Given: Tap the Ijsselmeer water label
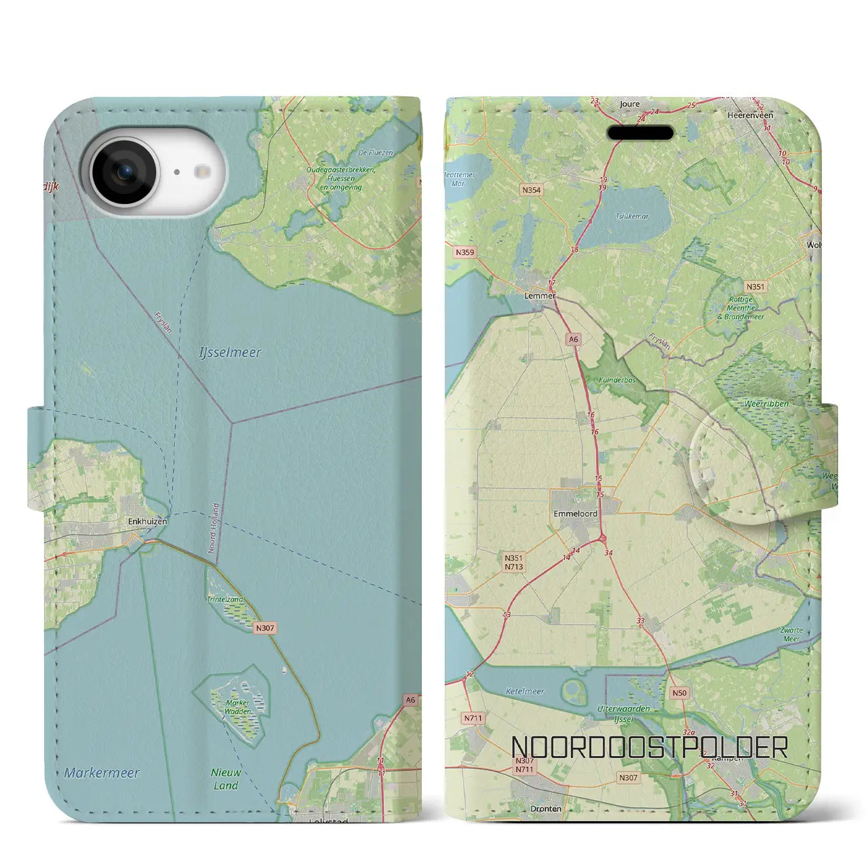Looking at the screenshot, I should (x=230, y=353).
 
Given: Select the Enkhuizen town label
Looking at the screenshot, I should (x=147, y=521).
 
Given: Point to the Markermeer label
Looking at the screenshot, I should (x=102, y=772).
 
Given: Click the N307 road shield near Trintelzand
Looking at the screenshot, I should (x=265, y=628).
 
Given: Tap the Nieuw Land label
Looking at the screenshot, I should (x=226, y=779).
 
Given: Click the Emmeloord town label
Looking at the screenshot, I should (x=575, y=514).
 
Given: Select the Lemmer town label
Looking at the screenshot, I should (x=540, y=296).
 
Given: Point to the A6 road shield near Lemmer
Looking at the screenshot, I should (x=574, y=340).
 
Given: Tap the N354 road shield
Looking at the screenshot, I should (x=532, y=190).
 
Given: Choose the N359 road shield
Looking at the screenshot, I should (x=465, y=252).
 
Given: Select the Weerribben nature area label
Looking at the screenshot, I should (x=766, y=403).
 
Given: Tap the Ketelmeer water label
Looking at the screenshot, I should (x=525, y=692).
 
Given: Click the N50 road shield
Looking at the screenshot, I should (x=679, y=693).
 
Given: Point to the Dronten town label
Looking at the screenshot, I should (x=546, y=808).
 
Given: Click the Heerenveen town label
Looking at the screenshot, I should (x=750, y=116).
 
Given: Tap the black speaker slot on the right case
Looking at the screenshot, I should (x=640, y=133).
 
